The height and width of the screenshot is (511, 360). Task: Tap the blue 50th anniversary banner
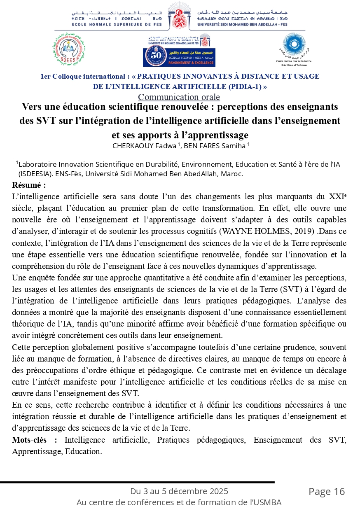coord(179,57)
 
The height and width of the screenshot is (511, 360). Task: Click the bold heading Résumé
coord(29,185)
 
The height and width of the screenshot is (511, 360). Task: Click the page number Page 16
coord(327,491)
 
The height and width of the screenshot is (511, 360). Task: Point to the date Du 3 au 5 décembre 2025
coord(179,491)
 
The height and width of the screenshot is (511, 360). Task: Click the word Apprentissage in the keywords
coord(36,451)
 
